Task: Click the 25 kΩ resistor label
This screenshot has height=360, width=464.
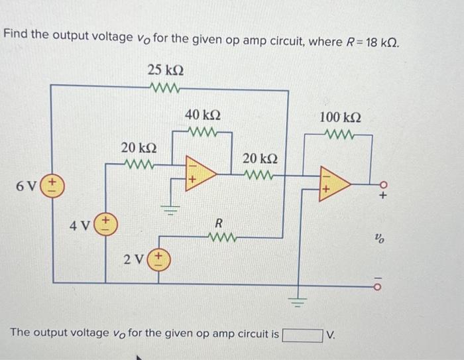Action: [166, 70]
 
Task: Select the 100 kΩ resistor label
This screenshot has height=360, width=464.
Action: [340, 117]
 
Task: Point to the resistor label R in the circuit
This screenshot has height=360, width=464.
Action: [217, 223]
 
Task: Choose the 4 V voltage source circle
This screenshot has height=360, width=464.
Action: [106, 222]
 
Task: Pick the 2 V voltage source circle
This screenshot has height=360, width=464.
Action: [158, 257]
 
